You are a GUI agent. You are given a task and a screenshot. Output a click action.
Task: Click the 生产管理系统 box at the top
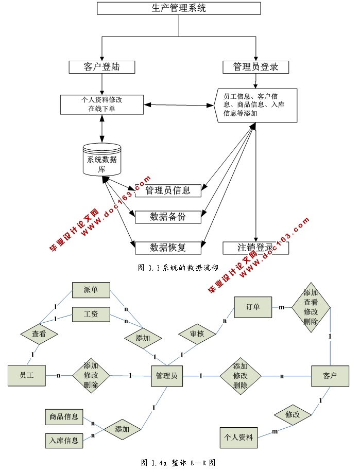[x=179, y=8]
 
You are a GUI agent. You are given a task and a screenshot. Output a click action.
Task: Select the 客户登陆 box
[x=102, y=67]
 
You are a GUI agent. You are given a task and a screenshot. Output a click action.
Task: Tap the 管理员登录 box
[x=255, y=67]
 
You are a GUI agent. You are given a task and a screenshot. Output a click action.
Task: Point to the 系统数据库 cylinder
[x=102, y=160]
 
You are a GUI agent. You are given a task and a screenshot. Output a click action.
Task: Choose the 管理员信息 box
[x=168, y=190]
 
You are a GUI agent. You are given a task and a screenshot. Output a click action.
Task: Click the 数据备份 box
[x=168, y=217]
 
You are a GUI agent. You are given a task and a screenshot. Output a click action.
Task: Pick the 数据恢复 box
[x=168, y=248]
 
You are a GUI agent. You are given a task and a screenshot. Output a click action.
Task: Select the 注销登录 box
[x=255, y=248]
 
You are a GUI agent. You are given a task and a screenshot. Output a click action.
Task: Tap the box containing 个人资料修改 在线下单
[x=101, y=104]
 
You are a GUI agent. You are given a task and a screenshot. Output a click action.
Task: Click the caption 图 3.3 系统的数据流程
[x=179, y=268]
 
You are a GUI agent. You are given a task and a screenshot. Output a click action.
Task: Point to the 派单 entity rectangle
[x=91, y=290]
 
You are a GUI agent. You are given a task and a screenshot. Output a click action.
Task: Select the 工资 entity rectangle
[x=91, y=314]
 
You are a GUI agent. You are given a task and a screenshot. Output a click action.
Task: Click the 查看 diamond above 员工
[x=39, y=334]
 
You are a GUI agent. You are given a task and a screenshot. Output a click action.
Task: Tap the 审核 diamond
[x=197, y=334]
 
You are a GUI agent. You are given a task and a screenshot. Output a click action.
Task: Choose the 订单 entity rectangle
[x=252, y=307]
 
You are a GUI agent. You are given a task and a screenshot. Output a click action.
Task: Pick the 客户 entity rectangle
[x=330, y=376]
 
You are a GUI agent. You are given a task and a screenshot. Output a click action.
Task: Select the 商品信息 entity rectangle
[x=64, y=416]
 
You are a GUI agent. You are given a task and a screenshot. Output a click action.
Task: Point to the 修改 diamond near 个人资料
[x=292, y=414]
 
